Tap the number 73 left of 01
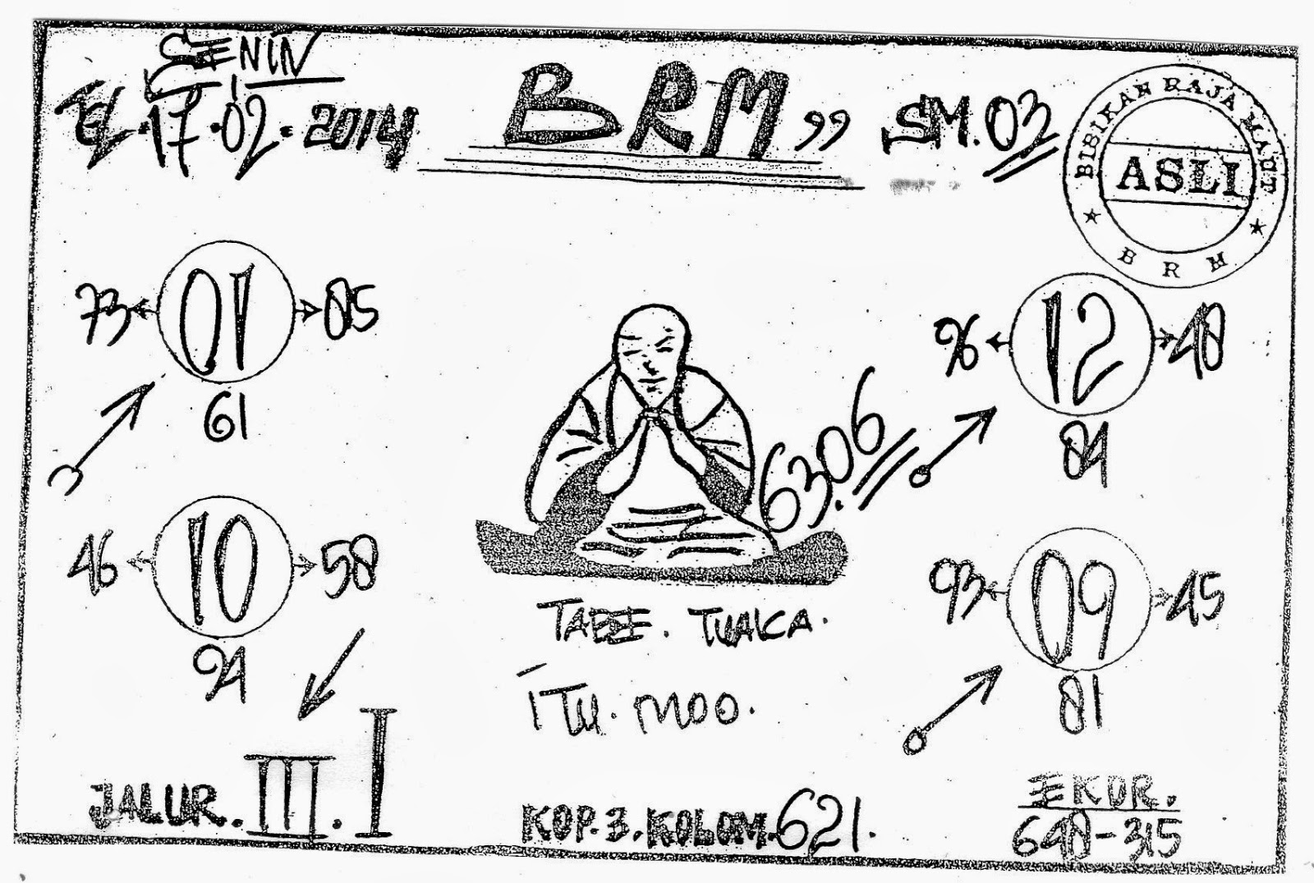(x=107, y=312)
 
